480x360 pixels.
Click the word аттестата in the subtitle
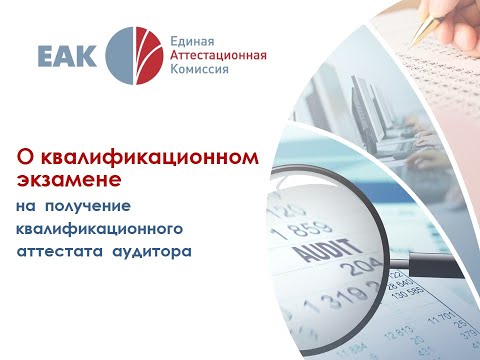[x=59, y=252]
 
